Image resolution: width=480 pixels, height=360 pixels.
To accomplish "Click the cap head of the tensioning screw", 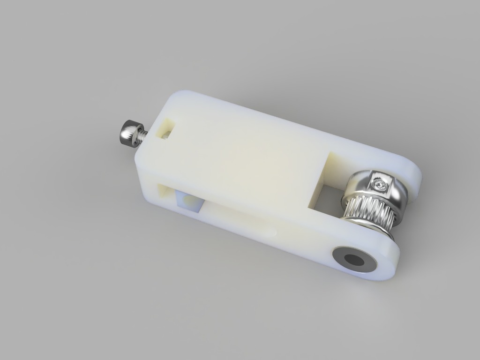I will point(127,132).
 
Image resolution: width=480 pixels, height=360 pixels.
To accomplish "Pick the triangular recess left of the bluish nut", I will point(165,192).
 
